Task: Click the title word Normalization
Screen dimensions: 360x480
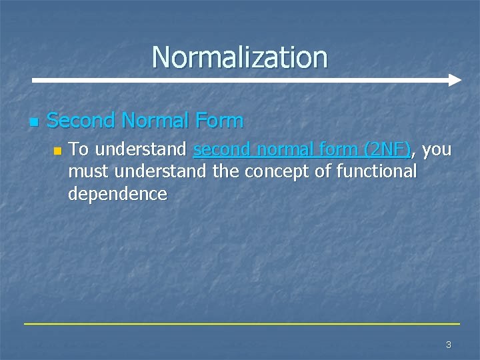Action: pos(239,57)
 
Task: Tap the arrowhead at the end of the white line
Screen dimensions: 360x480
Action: pos(455,80)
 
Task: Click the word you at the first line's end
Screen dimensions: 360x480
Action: pos(437,149)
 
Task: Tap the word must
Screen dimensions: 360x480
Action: pos(89,172)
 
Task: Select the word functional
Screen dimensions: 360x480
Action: pos(377,172)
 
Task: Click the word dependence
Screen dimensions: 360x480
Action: pos(117,194)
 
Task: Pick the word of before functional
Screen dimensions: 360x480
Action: pos(323,172)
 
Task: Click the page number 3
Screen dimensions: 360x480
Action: pos(448,345)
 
